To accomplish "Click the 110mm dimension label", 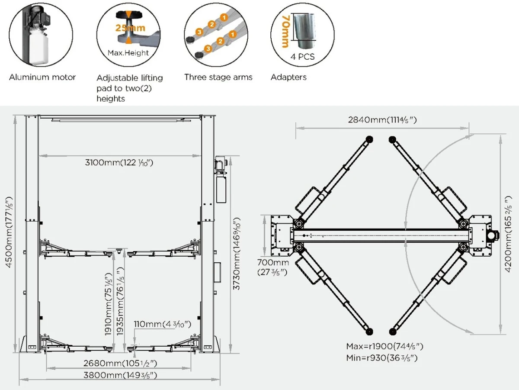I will click(x=162, y=324).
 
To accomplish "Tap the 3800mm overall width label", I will click(x=120, y=375).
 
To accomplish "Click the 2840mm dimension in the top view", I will click(x=382, y=120).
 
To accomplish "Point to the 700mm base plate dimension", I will click(x=273, y=267).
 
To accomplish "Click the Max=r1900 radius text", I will click(x=384, y=346).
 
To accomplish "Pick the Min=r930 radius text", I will click(x=382, y=358).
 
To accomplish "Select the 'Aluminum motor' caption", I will click(x=42, y=77).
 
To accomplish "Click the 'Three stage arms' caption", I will click(x=218, y=77).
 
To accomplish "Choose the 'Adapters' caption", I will click(x=288, y=77).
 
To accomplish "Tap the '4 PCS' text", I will click(x=302, y=57).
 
